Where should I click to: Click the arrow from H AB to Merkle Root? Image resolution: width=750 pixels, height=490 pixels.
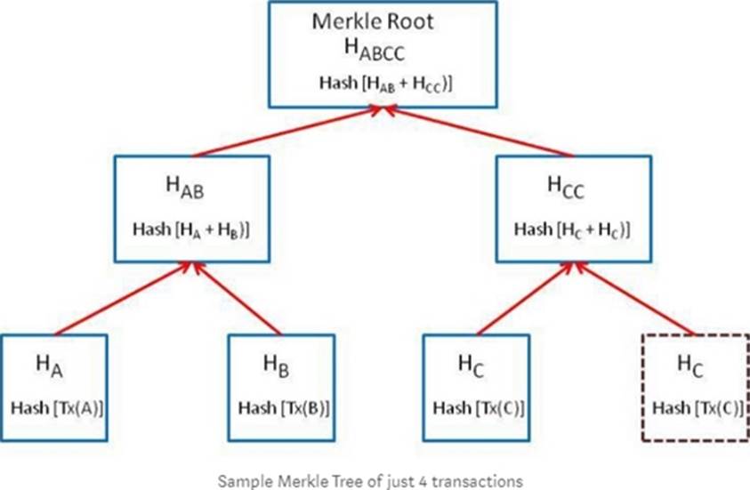(x=285, y=132)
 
